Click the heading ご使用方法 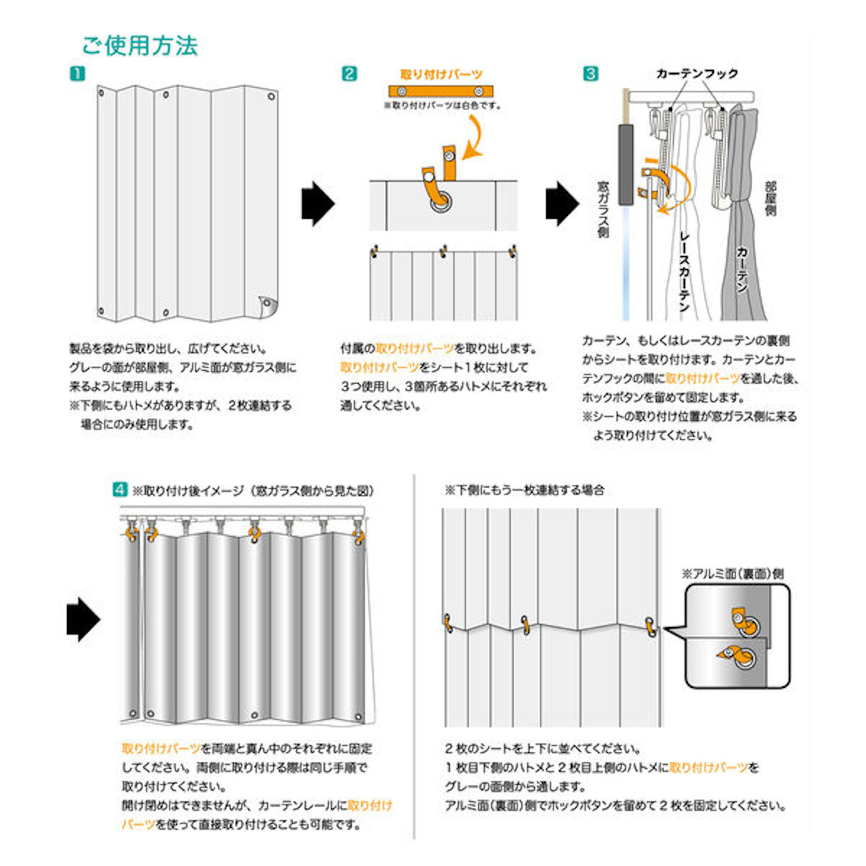point(139,45)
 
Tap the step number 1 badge point(77,74)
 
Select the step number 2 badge point(349,74)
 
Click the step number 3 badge point(590,74)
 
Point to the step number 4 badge point(120,490)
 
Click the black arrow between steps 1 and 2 point(318,204)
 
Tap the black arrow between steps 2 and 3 point(561,204)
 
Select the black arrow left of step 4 point(82,618)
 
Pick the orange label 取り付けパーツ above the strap point(441,74)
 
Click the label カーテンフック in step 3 point(696,74)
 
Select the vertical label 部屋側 point(770,198)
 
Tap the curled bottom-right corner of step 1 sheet point(267,306)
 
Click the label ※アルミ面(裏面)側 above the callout point(732,574)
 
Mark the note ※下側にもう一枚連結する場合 point(525,490)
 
